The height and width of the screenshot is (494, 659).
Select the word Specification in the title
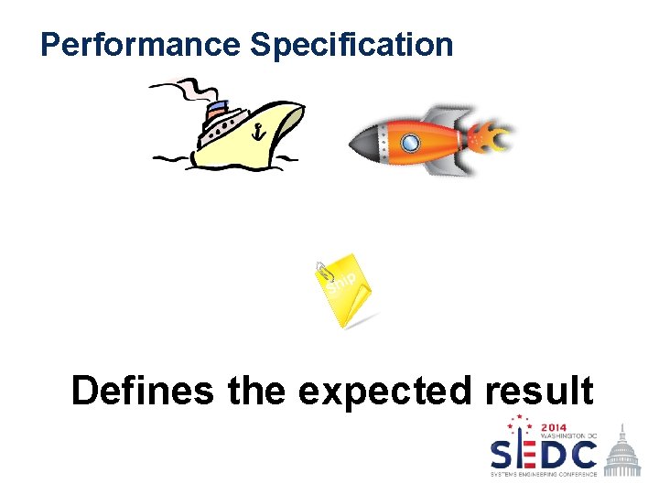pyautogui.click(x=351, y=44)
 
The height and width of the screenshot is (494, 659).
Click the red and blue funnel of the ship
pyautogui.click(x=217, y=111)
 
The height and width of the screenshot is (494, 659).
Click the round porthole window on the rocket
pyautogui.click(x=411, y=142)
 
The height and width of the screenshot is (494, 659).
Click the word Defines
pyautogui.click(x=142, y=391)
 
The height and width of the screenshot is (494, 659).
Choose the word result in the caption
pyautogui.click(x=539, y=391)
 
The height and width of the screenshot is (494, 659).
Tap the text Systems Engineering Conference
pyautogui.click(x=544, y=475)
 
